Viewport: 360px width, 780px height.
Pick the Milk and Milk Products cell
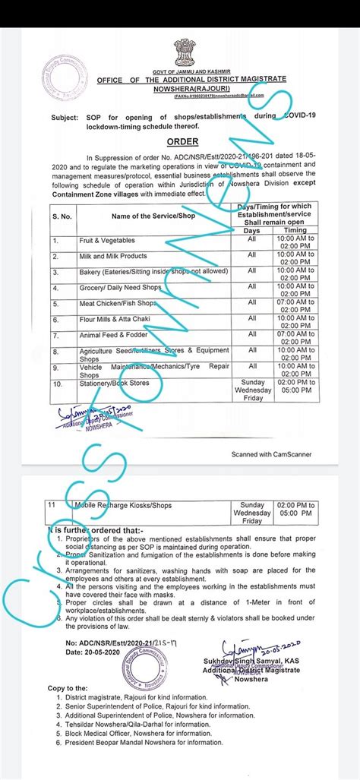pyautogui.click(x=114, y=257)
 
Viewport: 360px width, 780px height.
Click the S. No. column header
pyautogui.click(x=62, y=217)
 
